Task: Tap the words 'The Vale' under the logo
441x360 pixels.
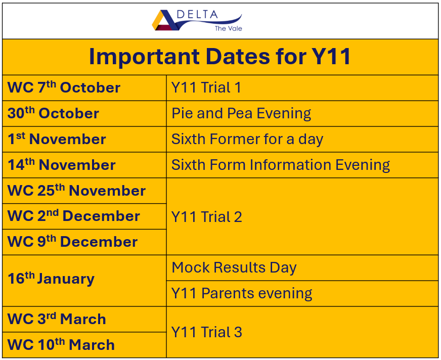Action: pos(229,28)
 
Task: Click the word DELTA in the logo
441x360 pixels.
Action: pos(197,15)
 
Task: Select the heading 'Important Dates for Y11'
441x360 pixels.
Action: pos(219,57)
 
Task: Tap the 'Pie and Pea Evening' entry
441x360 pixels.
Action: pos(241,113)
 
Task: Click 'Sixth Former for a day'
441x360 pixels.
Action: pos(247,139)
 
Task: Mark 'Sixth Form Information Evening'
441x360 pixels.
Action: pos(281,165)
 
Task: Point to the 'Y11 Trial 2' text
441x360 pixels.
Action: pos(206,217)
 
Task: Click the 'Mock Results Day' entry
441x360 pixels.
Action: pos(234,267)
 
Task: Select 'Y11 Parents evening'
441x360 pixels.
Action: pos(242,293)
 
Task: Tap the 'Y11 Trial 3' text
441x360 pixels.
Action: pos(206,332)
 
